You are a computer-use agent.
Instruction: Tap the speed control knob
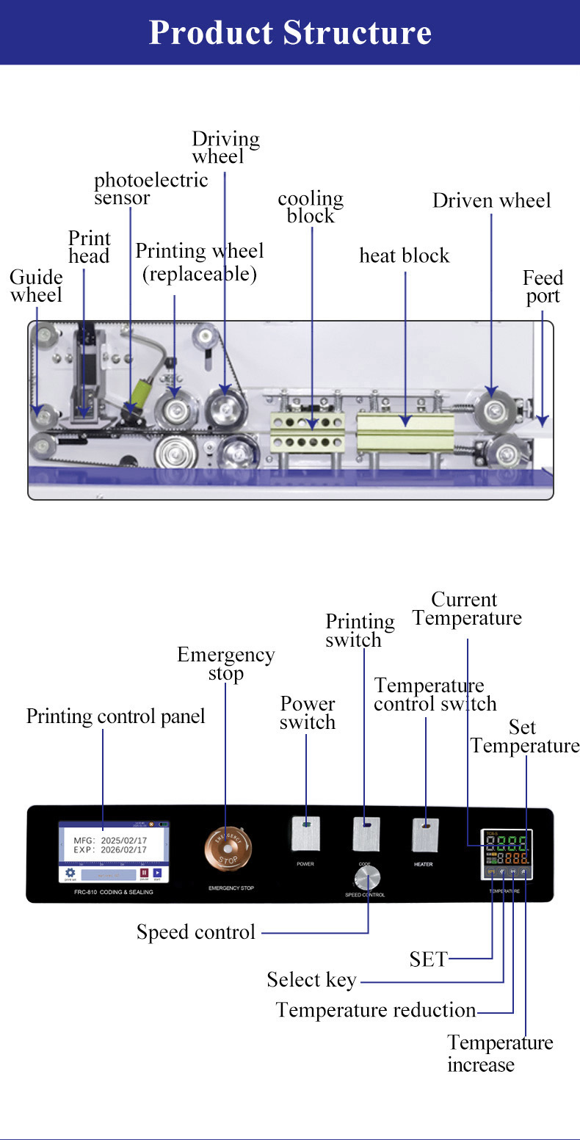pyautogui.click(x=369, y=877)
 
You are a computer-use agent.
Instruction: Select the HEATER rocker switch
pyautogui.click(x=425, y=834)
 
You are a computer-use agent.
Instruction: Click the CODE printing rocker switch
pyautogui.click(x=366, y=834)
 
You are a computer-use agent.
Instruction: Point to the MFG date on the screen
pyautogui.click(x=110, y=839)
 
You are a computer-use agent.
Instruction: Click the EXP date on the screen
pyautogui.click(x=110, y=850)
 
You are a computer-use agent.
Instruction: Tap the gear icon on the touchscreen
pyautogui.click(x=70, y=873)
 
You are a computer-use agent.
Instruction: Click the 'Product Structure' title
pyautogui.click(x=290, y=33)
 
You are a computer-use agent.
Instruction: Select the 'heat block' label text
pyautogui.click(x=404, y=255)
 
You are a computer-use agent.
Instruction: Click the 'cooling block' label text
pyautogui.click(x=311, y=207)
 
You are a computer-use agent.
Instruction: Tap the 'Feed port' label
pyautogui.click(x=543, y=287)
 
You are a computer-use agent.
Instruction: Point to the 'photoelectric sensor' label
pyautogui.click(x=151, y=189)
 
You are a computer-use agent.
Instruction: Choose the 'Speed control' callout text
pyautogui.click(x=196, y=932)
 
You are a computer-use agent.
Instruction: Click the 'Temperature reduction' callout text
pyautogui.click(x=376, y=1010)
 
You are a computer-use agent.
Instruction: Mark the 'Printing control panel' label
pyautogui.click(x=115, y=716)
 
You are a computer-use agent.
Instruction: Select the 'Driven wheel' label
pyautogui.click(x=491, y=200)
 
